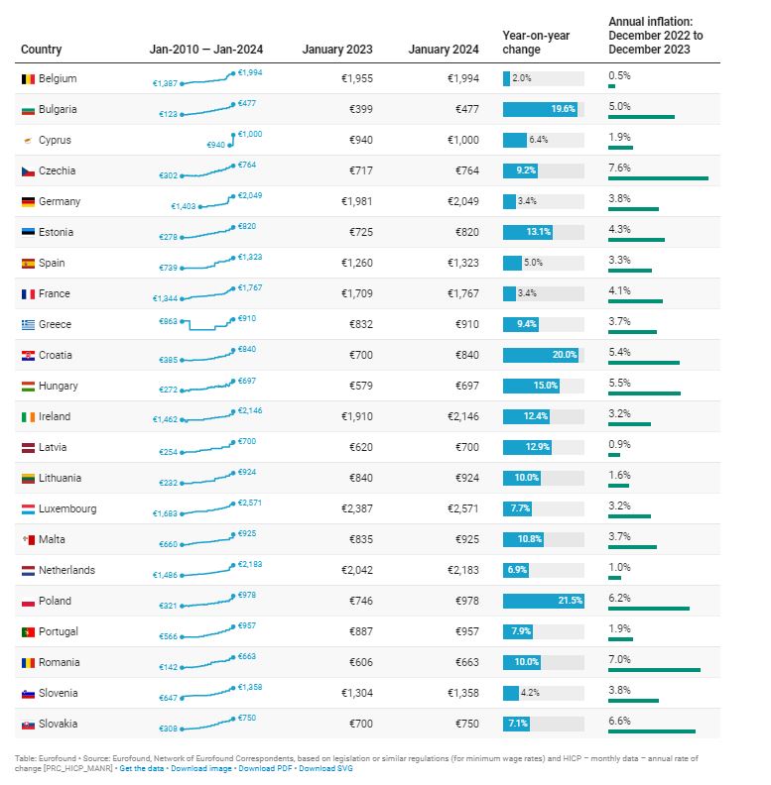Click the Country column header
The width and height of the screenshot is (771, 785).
click(x=41, y=50)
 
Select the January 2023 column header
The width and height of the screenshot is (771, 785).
click(x=337, y=50)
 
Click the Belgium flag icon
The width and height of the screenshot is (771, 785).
click(x=28, y=78)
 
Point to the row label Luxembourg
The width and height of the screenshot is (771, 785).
click(x=67, y=508)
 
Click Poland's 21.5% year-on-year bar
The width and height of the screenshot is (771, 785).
click(x=543, y=601)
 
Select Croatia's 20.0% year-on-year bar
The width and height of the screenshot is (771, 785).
click(x=540, y=355)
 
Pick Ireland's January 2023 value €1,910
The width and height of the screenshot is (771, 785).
click(x=356, y=416)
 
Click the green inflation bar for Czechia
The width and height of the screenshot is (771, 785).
click(x=658, y=178)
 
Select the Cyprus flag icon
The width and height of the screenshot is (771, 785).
click(x=28, y=140)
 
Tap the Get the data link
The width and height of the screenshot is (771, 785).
click(x=142, y=768)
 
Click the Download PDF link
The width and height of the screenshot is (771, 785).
click(x=266, y=768)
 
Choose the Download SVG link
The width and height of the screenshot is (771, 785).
click(x=325, y=768)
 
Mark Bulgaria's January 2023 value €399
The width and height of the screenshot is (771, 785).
click(x=360, y=109)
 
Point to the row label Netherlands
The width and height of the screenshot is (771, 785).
click(x=66, y=570)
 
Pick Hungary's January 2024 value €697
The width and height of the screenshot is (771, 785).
click(x=466, y=386)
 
